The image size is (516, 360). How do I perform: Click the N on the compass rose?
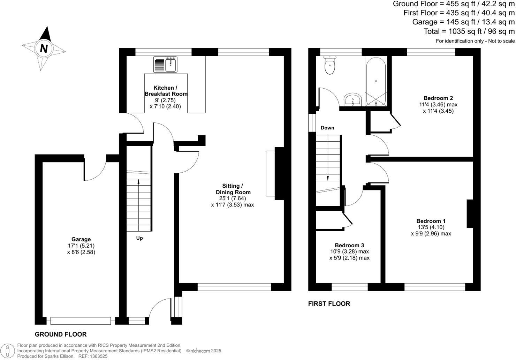pyautogui.click(x=44, y=48)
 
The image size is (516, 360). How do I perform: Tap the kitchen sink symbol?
pyautogui.click(x=165, y=64)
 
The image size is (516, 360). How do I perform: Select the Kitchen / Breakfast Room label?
pyautogui.click(x=166, y=91)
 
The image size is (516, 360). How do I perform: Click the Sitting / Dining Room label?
pyautogui.click(x=233, y=189)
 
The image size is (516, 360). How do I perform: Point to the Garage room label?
pyautogui.click(x=81, y=239)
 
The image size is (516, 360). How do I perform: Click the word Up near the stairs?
pyautogui.click(x=139, y=238)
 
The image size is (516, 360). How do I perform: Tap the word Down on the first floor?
pyautogui.click(x=327, y=128)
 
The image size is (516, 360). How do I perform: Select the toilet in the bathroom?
pyautogui.click(x=330, y=65)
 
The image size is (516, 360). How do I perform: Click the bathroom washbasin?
pyautogui.click(x=353, y=100)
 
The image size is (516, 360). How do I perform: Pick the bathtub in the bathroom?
pyautogui.click(x=376, y=82)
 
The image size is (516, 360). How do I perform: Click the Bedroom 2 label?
pyautogui.click(x=438, y=98)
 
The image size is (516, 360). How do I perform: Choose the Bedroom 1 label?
pyautogui.click(x=431, y=221)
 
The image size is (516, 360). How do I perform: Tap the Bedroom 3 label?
pyautogui.click(x=349, y=245)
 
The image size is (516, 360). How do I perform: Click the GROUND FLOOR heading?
pyautogui.click(x=61, y=334)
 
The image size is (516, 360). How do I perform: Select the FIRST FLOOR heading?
pyautogui.click(x=329, y=303)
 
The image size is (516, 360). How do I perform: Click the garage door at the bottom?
pyautogui.click(x=81, y=321)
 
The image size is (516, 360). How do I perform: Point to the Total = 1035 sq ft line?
pyautogui.click(x=469, y=31)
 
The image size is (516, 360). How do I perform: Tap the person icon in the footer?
pyautogui.click(x=8, y=351)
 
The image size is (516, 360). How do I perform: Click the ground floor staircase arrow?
pyautogui.click(x=138, y=205)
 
